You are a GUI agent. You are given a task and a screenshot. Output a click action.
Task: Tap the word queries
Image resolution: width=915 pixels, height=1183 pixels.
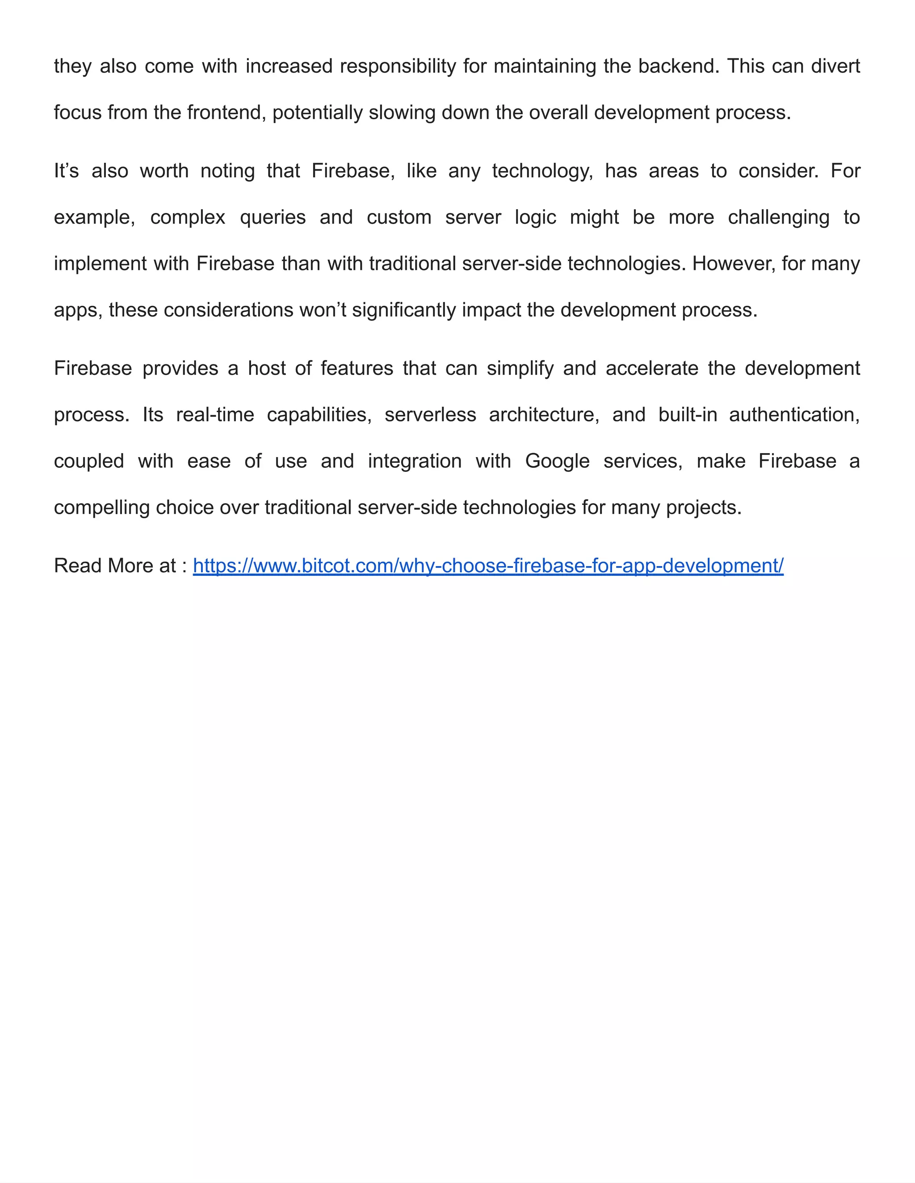[x=273, y=218]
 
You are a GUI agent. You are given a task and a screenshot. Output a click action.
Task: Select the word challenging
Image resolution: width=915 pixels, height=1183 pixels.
[x=778, y=218]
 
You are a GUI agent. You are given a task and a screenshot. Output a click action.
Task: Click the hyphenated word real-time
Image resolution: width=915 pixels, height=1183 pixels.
[x=215, y=415]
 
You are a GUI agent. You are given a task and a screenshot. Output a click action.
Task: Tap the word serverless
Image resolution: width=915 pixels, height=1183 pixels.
[x=430, y=415]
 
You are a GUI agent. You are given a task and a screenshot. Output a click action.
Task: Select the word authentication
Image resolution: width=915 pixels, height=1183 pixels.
[x=794, y=415]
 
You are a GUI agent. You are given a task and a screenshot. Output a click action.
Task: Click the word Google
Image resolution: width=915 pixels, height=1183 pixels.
[x=557, y=462]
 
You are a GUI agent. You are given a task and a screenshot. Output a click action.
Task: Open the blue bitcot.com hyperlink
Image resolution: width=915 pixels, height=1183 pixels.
[x=488, y=566]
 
